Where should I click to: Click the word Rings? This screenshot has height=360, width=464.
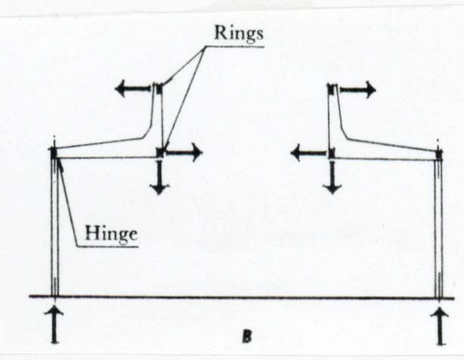238,33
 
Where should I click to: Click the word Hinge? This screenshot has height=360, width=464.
111,234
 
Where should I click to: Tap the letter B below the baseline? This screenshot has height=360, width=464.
247,337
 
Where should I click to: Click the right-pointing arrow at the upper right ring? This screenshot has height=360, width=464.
358,89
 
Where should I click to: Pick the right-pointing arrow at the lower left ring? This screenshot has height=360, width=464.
184,153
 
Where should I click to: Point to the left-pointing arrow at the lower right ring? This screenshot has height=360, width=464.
310,153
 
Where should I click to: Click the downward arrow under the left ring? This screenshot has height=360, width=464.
160,177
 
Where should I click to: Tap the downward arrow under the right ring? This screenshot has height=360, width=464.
332,177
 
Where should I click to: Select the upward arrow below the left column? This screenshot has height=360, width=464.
54,326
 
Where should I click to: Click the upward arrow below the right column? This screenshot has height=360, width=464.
440,326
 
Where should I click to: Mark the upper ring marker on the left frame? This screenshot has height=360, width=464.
159,88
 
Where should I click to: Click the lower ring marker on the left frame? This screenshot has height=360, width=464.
160,153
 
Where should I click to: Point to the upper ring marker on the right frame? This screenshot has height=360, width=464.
332,89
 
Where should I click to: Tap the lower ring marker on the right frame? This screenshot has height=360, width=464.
331,153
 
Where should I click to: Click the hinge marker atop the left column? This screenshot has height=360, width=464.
54,153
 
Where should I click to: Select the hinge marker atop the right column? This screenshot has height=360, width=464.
440,154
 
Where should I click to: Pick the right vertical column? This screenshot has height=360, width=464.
438,228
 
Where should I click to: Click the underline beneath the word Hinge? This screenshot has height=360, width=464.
107,246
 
